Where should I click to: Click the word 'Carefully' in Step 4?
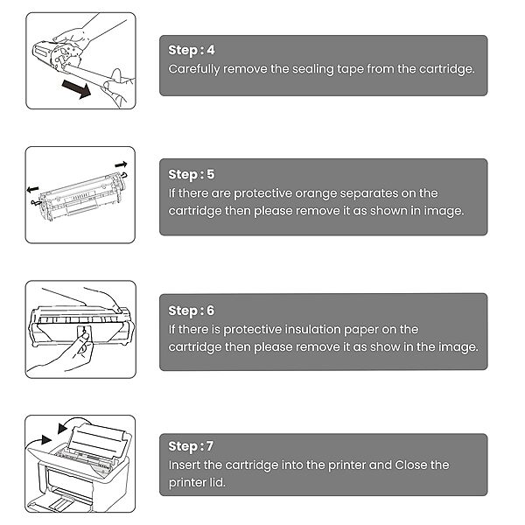[197, 68]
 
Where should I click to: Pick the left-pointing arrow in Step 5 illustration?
[33, 188]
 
